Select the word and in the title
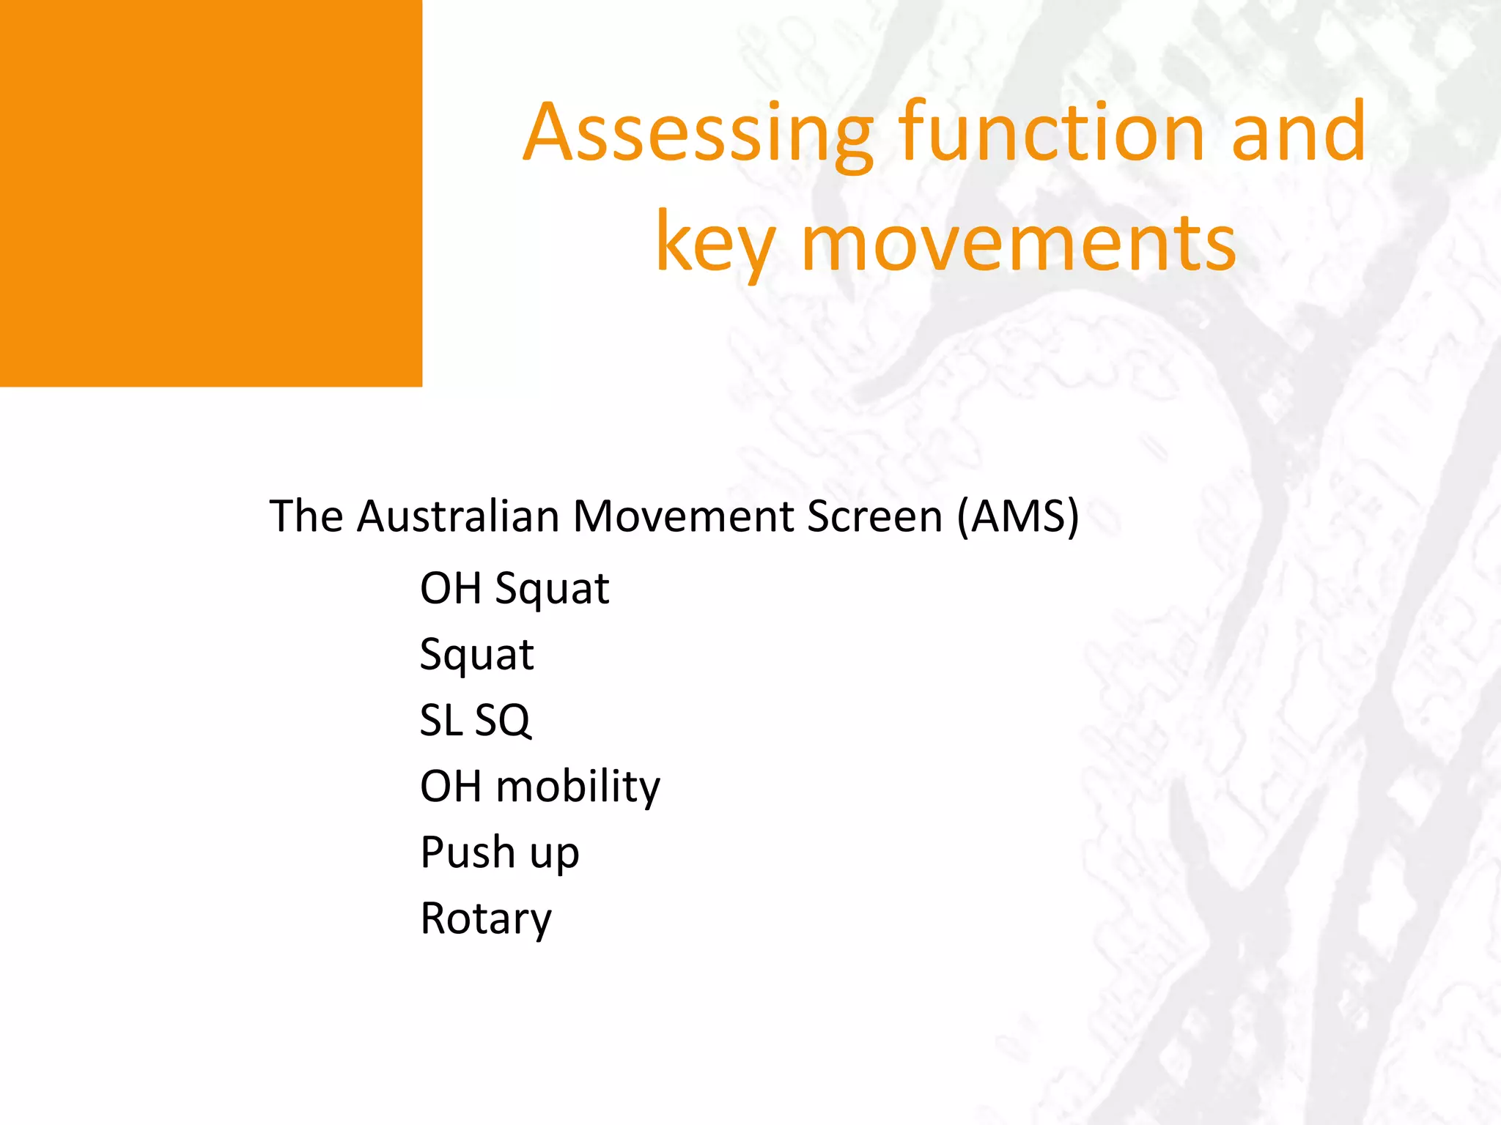pos(1299,133)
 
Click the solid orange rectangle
pos(210,193)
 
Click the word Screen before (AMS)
pos(874,516)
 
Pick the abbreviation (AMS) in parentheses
pos(1018,517)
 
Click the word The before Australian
pos(306,516)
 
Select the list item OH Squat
pos(514,589)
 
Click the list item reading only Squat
pos(476,654)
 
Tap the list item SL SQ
pos(475,720)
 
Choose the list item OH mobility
pos(539,787)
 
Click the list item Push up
pos(499,853)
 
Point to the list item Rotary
pos(485,918)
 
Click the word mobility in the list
pos(578,787)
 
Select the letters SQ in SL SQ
pos(503,720)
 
